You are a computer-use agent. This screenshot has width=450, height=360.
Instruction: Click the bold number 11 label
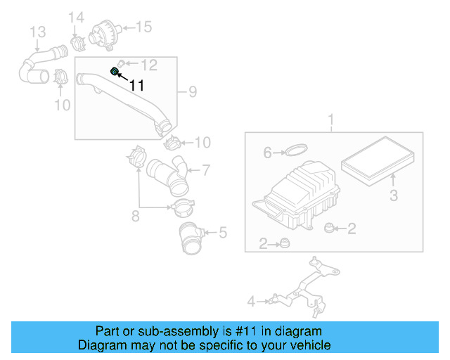(136, 86)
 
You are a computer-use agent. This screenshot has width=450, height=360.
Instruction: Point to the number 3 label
(394, 194)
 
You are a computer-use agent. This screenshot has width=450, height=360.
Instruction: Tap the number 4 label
(251, 302)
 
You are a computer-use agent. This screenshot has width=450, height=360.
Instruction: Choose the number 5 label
(222, 232)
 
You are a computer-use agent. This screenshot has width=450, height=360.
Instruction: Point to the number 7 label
(206, 169)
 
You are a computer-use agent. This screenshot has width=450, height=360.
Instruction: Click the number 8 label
(135, 217)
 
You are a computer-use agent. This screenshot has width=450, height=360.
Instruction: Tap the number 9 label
(192, 91)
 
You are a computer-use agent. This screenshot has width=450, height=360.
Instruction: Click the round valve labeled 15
(106, 32)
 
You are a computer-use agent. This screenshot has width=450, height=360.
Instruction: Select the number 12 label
(149, 65)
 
